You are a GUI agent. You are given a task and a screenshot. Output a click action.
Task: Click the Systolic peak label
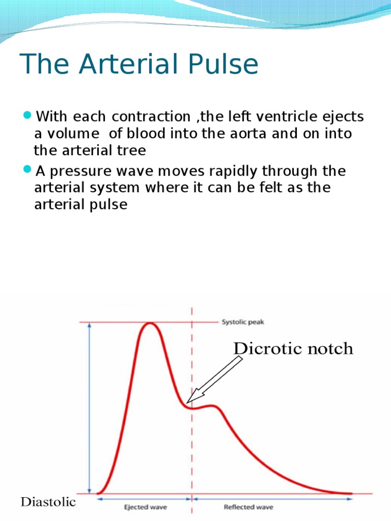(243, 322)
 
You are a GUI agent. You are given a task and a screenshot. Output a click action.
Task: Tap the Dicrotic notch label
(293, 349)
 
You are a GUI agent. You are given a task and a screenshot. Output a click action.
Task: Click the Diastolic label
(48, 502)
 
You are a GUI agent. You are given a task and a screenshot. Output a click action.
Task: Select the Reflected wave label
(248, 507)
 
